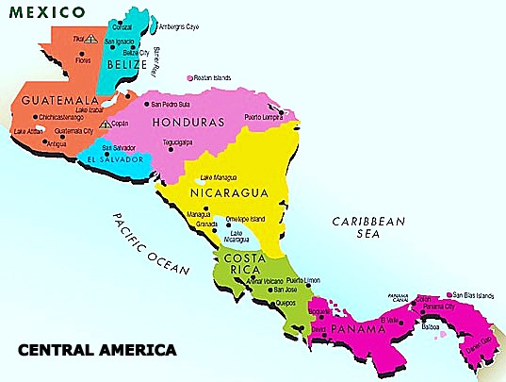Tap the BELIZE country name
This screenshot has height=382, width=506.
128,65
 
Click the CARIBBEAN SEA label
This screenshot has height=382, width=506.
368,228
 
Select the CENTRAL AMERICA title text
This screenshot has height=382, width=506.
97,351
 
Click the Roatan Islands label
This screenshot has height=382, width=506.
214,77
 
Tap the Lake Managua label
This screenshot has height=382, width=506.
220,177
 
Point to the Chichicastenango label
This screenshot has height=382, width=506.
62,118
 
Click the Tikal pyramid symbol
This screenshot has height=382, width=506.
90,41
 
